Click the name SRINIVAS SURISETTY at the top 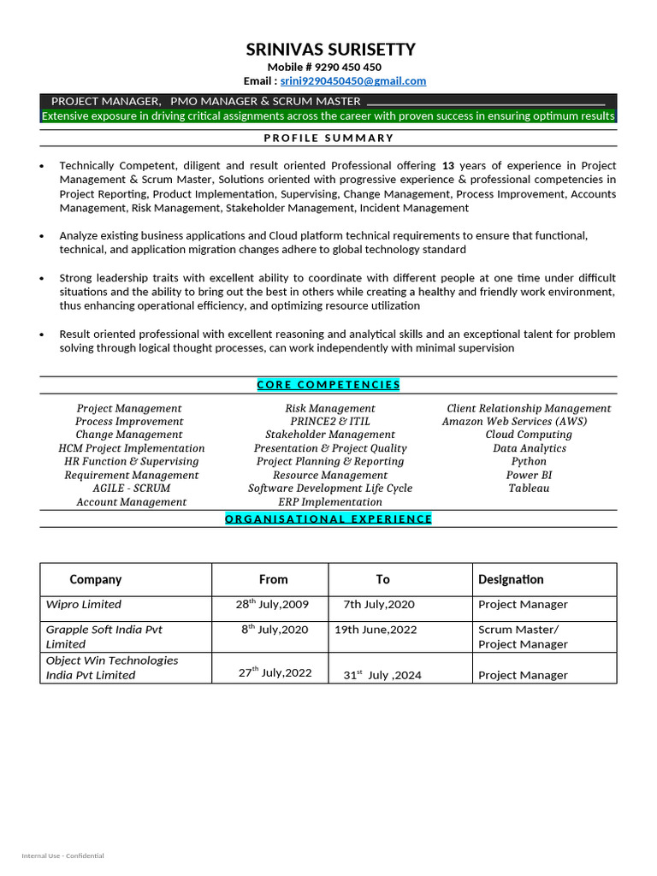pyautogui.click(x=330, y=49)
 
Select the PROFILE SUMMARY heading pyautogui.click(x=328, y=138)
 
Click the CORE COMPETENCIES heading pyautogui.click(x=328, y=385)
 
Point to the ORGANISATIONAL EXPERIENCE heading pyautogui.click(x=328, y=518)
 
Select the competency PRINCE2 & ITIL pyautogui.click(x=330, y=422)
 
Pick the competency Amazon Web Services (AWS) pyautogui.click(x=514, y=422)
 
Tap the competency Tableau pyautogui.click(x=529, y=488)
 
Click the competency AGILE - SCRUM pyautogui.click(x=131, y=488)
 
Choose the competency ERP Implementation pyautogui.click(x=330, y=502)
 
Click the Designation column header pyautogui.click(x=511, y=579)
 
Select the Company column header pyautogui.click(x=96, y=579)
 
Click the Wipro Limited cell pyautogui.click(x=84, y=605)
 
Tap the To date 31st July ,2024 pyautogui.click(x=382, y=675)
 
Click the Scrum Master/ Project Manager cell pyautogui.click(x=522, y=636)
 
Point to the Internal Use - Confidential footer pyautogui.click(x=62, y=855)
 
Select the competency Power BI pyautogui.click(x=529, y=475)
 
